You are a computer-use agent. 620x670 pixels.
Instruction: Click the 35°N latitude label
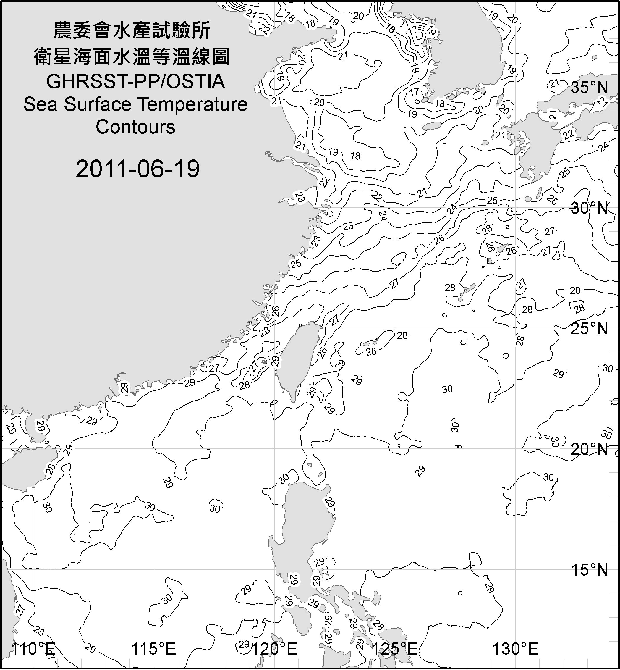pos(589,88)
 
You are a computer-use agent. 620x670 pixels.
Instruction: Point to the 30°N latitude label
pos(589,209)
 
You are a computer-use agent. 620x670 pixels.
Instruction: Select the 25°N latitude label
pos(589,328)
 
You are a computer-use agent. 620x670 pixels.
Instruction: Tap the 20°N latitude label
pos(589,449)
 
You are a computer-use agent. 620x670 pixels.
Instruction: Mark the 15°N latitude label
pos(589,570)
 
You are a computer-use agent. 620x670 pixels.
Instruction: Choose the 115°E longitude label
pos(154,648)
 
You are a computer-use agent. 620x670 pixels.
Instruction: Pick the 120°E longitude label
pos(274,648)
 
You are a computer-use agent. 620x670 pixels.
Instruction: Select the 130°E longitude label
pos(515,648)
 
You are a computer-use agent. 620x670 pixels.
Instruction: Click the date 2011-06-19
pos(137,169)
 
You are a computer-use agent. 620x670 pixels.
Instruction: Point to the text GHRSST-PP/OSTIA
pos(135,82)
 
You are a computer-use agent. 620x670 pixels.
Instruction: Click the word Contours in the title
pos(135,127)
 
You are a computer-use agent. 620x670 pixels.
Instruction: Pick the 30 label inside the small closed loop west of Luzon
pos(215,508)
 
